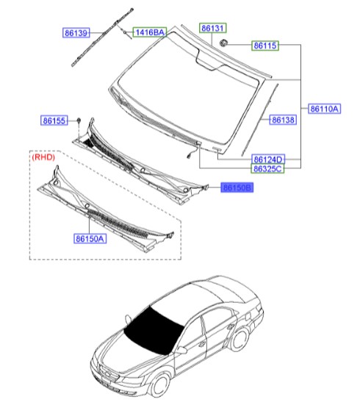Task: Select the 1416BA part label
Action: (x=149, y=32)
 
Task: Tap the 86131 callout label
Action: (x=212, y=28)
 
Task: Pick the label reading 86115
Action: (x=265, y=46)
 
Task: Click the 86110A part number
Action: (x=323, y=109)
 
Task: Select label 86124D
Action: (x=267, y=159)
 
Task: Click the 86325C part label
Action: (x=267, y=168)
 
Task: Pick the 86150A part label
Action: (x=89, y=238)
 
